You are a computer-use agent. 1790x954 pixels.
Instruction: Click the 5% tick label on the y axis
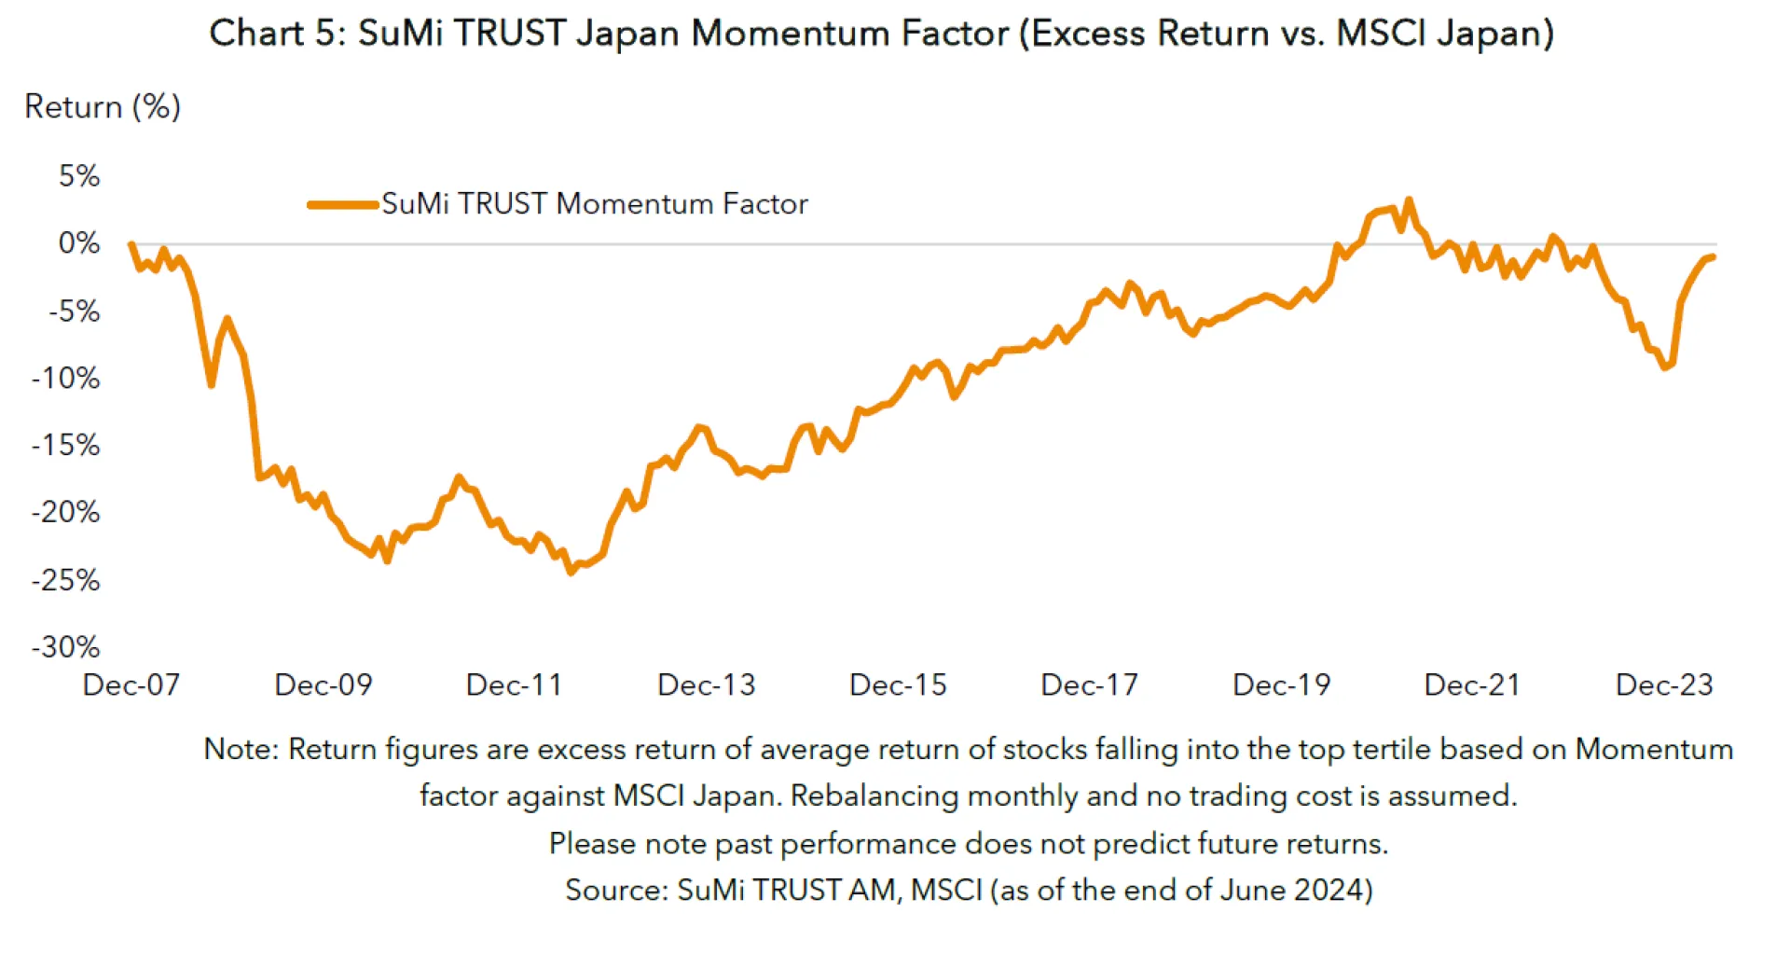pyautogui.click(x=79, y=176)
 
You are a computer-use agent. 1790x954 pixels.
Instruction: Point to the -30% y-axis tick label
pyautogui.click(x=65, y=647)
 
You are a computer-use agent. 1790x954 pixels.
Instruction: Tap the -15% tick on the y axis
pyautogui.click(x=65, y=445)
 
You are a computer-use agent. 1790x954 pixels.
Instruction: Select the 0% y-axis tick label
pyautogui.click(x=79, y=243)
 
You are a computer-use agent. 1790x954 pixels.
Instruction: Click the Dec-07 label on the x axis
pyautogui.click(x=131, y=685)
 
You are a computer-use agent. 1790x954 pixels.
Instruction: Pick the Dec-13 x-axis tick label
pyautogui.click(x=706, y=685)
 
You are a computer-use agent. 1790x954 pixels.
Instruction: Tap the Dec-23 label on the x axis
pyautogui.click(x=1664, y=685)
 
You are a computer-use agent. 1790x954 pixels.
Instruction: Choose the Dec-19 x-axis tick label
pyautogui.click(x=1281, y=685)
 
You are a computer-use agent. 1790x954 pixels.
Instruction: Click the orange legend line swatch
pyautogui.click(x=342, y=204)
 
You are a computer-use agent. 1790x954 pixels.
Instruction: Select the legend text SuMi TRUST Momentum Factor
pyautogui.click(x=595, y=204)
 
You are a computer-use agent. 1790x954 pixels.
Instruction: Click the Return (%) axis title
pyautogui.click(x=103, y=107)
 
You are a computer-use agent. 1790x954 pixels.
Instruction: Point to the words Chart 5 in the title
pyautogui.click(x=270, y=34)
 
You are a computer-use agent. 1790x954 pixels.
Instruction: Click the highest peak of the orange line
pyautogui.click(x=1409, y=200)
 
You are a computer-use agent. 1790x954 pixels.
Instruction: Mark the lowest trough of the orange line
pyautogui.click(x=571, y=572)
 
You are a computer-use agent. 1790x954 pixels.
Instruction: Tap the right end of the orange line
pyautogui.click(x=1713, y=257)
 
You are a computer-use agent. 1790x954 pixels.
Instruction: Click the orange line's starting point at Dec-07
pyautogui.click(x=131, y=244)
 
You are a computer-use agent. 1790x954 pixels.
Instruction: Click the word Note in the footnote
pyautogui.click(x=238, y=750)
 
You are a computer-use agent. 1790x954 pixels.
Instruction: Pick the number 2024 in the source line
pyautogui.click(x=1327, y=891)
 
